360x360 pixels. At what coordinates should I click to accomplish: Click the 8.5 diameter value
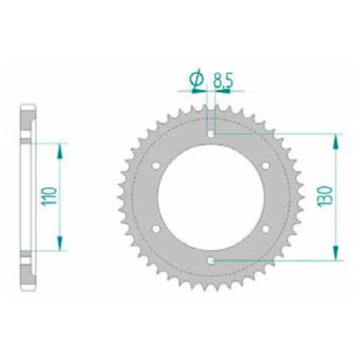221,83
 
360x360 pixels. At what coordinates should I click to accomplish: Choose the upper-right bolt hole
266,165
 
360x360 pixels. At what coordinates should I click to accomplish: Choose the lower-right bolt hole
266,229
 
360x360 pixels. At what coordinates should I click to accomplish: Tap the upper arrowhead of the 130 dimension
336,138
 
